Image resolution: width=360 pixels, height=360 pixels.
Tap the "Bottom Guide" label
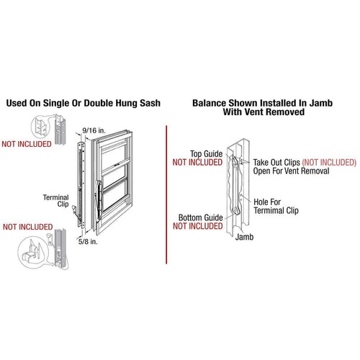[199, 216]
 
